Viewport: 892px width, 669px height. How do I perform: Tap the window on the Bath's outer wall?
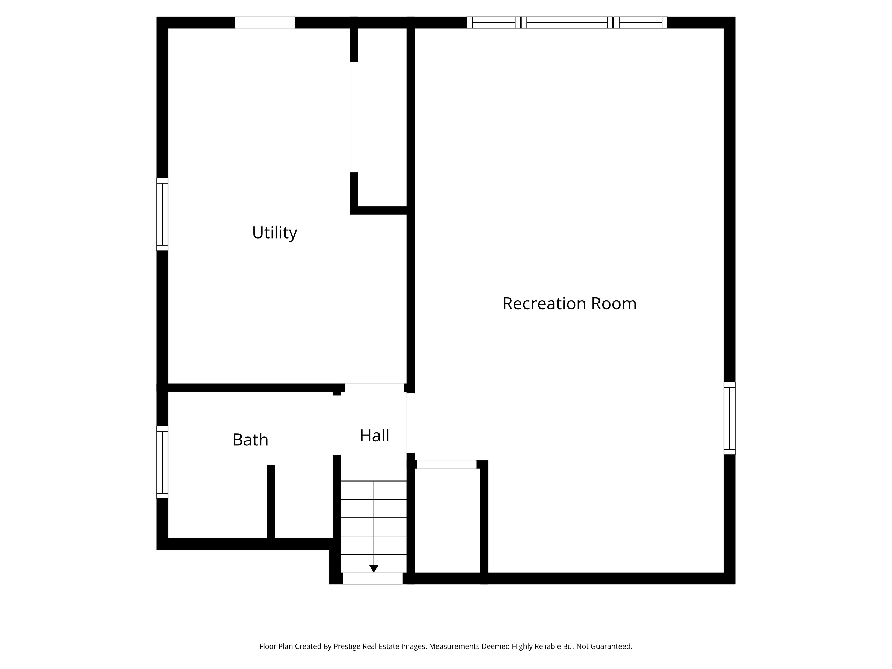(x=162, y=462)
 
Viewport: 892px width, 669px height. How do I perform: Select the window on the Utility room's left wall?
(x=162, y=214)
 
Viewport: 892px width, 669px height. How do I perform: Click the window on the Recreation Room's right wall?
(x=729, y=418)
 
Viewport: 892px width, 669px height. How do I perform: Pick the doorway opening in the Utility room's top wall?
(x=265, y=23)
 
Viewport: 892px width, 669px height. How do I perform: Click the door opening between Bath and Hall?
(x=337, y=425)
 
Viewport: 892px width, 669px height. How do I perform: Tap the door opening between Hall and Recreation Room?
(x=410, y=422)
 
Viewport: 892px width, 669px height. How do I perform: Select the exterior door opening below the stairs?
(x=372, y=578)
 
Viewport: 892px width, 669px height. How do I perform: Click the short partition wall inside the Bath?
(x=271, y=502)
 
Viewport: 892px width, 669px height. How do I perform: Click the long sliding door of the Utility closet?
(x=354, y=117)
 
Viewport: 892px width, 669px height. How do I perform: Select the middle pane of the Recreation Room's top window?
(x=567, y=23)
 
